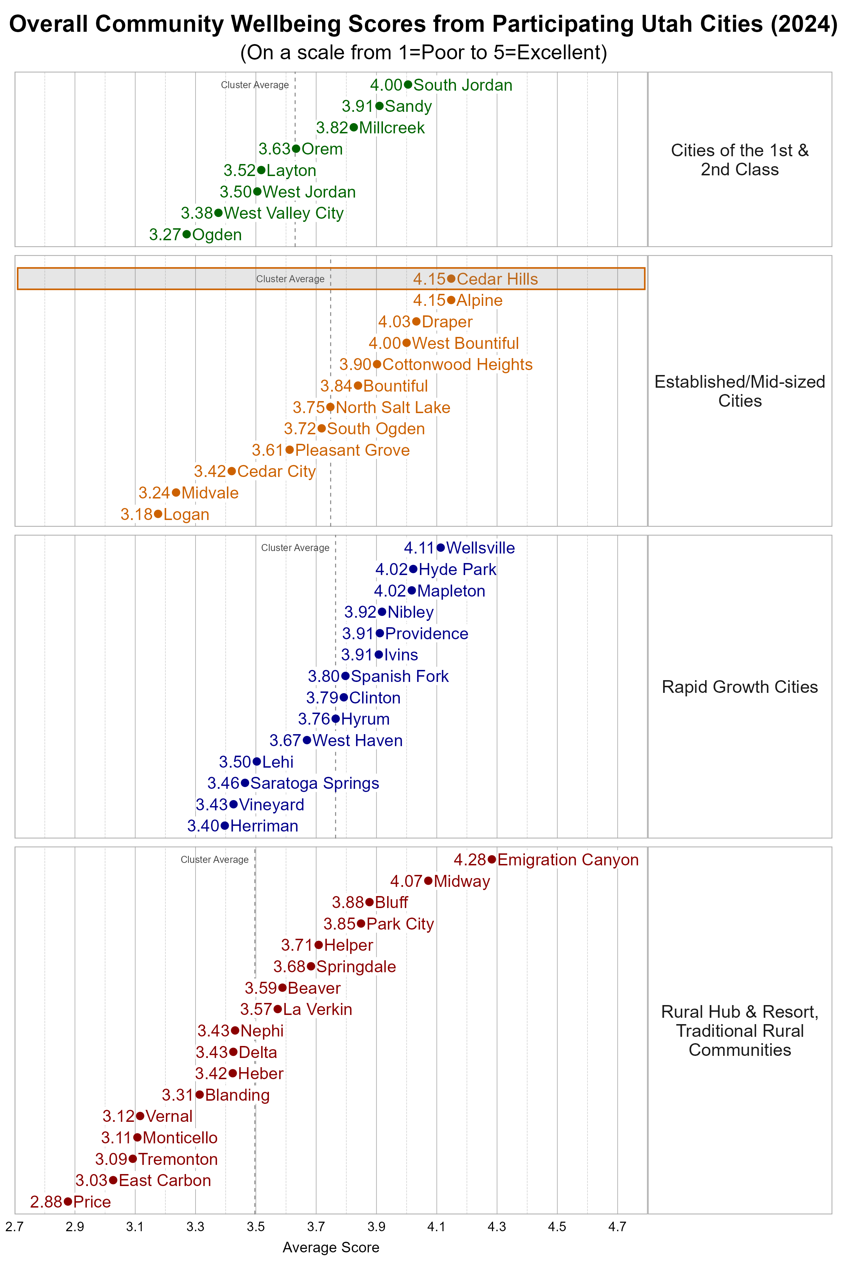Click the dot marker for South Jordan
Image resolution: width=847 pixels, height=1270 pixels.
point(408,85)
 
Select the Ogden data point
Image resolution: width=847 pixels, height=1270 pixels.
point(186,234)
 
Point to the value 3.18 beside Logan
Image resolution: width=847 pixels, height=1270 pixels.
point(137,515)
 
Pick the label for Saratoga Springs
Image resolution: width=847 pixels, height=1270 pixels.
point(314,784)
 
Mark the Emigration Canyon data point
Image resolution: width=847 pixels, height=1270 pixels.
point(492,860)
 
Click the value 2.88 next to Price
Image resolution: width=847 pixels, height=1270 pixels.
point(47,1202)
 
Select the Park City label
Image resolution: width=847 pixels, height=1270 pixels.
point(400,924)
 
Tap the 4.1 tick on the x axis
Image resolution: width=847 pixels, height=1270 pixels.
point(437,1227)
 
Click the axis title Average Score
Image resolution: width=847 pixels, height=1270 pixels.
point(331,1247)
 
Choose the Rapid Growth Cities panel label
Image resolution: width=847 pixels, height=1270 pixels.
point(739,687)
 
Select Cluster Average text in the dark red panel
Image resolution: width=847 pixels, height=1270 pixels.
point(215,860)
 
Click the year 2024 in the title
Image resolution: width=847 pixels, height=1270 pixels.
point(804,25)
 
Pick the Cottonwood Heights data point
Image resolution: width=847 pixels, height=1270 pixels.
point(377,364)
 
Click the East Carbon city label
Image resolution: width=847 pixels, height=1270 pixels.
point(165,1180)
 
